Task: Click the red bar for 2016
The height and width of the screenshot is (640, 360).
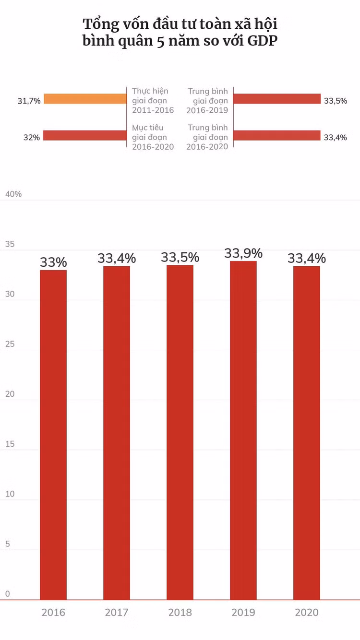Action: click(x=53, y=434)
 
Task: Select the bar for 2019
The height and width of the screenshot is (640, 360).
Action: click(x=243, y=430)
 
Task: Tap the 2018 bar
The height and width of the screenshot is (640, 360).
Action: click(x=180, y=432)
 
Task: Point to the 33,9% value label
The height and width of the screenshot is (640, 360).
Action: click(x=243, y=253)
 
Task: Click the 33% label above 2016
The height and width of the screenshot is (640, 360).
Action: click(x=53, y=262)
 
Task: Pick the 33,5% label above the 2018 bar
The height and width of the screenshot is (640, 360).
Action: click(x=180, y=258)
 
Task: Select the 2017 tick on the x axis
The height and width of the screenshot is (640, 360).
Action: click(x=117, y=613)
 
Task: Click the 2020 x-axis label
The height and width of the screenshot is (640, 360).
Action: click(x=307, y=613)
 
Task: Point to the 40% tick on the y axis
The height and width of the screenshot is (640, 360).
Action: click(x=13, y=194)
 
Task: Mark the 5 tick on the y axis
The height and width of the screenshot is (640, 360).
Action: click(x=7, y=544)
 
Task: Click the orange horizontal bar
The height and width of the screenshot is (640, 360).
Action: click(x=84, y=99)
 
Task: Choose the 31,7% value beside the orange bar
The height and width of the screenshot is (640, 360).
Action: click(x=29, y=101)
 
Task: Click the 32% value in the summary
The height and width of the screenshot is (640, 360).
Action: click(x=32, y=138)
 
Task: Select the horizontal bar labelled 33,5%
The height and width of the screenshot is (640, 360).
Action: click(x=277, y=99)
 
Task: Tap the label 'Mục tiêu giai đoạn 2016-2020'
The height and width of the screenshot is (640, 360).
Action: click(x=153, y=137)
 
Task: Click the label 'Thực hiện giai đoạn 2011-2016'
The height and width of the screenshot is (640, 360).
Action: click(x=153, y=100)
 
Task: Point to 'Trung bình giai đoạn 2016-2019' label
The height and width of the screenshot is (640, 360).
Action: click(x=208, y=100)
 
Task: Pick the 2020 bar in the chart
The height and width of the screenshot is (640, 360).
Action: click(x=307, y=432)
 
